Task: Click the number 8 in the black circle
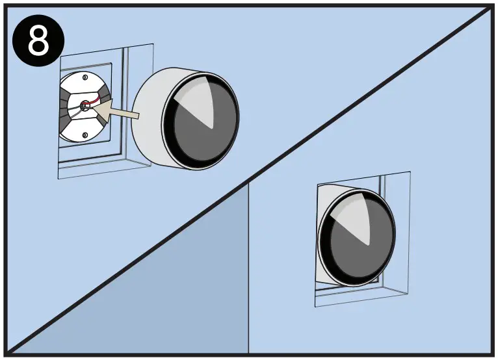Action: coord(39,40)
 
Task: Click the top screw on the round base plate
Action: coord(86,78)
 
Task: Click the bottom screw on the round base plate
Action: coord(85,135)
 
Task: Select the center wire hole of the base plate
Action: coord(85,106)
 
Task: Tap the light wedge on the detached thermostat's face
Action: coord(198,104)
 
